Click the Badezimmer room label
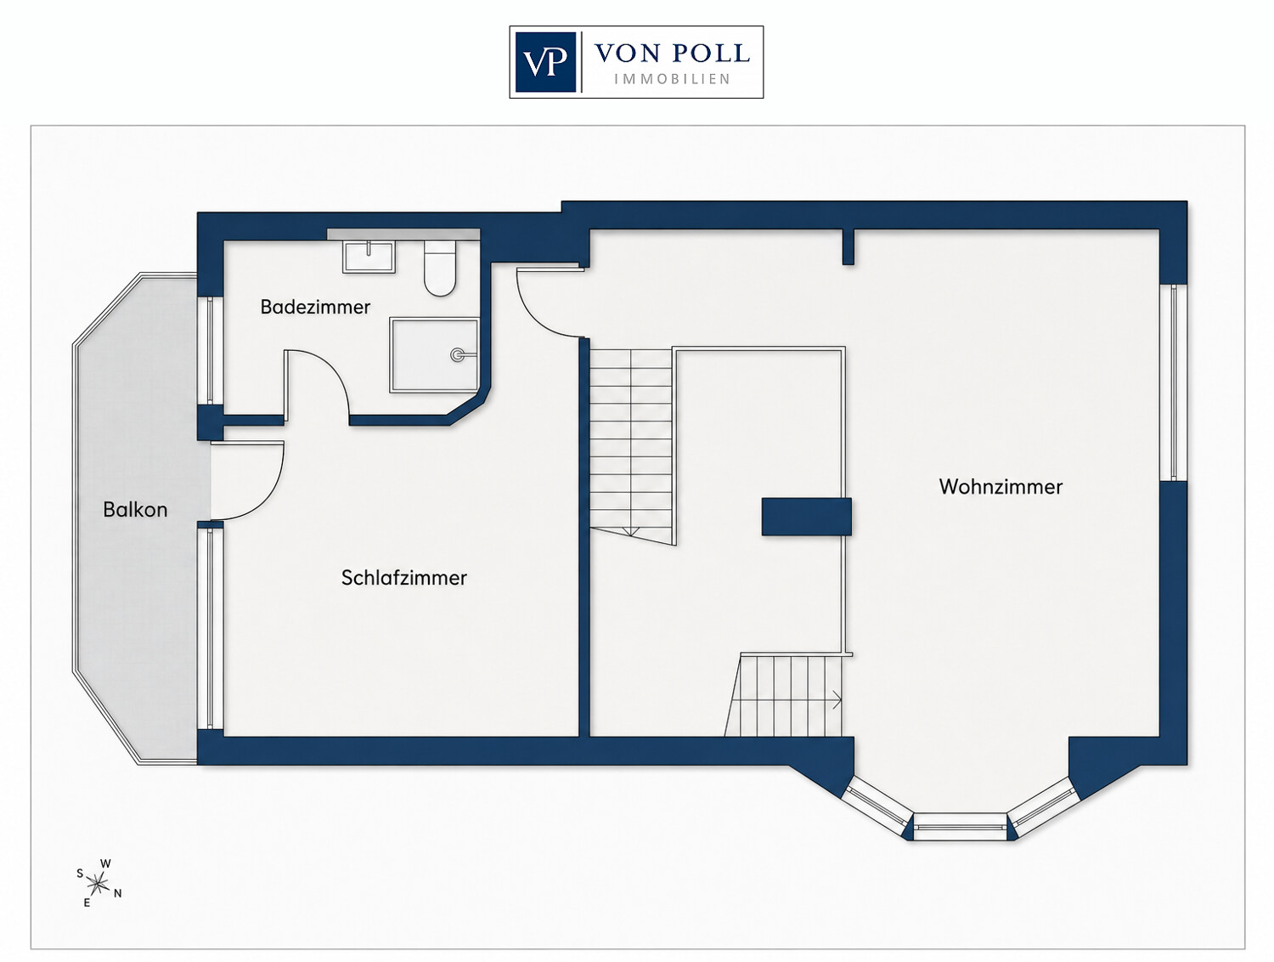point(315,307)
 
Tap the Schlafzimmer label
point(404,577)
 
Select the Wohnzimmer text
point(1001,486)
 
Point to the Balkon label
point(135,509)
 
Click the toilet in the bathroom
point(440,268)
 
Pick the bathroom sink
point(369,257)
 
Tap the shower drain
point(457,354)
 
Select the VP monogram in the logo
point(545,62)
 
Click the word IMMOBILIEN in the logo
point(672,79)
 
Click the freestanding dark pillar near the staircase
point(806,516)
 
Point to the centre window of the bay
point(960,827)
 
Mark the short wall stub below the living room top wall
point(848,246)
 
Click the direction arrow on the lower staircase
point(837,699)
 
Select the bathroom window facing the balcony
point(210,350)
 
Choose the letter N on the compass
point(118,893)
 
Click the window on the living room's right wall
point(1173,382)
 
